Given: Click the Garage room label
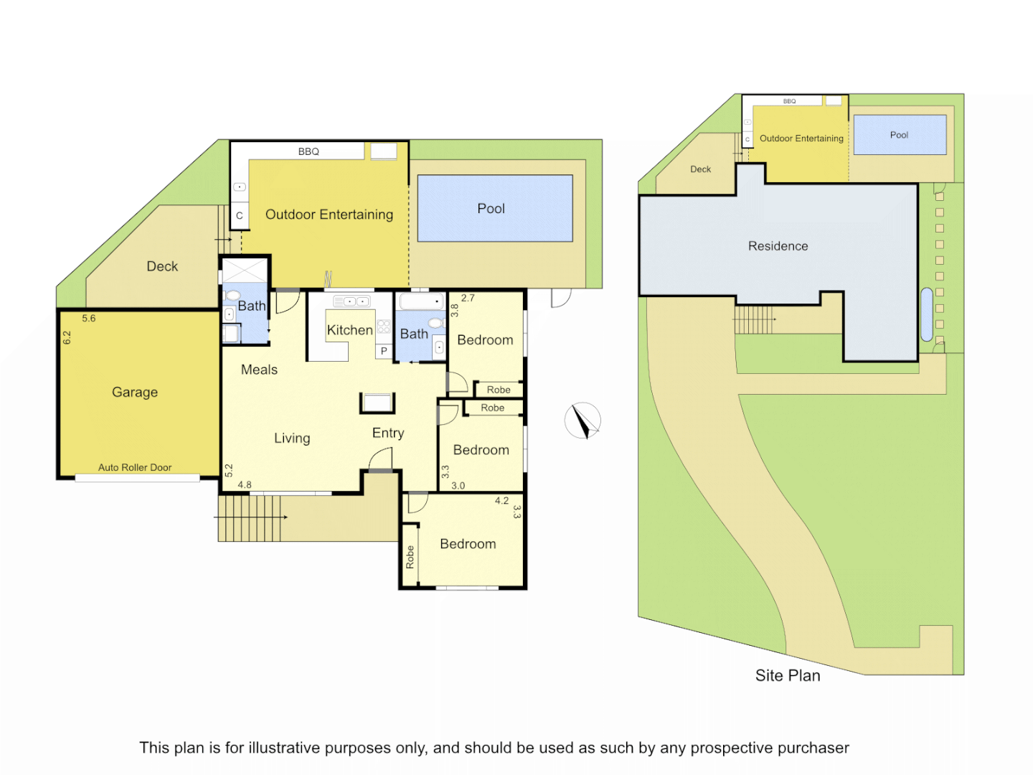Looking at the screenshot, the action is point(135,393).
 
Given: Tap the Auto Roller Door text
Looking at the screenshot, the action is point(135,467).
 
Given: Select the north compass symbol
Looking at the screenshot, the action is point(582,421).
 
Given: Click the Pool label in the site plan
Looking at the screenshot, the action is point(899,135).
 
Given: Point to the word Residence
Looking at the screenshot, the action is point(778,246).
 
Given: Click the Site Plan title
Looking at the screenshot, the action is point(788,676).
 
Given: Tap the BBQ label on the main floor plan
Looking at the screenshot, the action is point(308,151).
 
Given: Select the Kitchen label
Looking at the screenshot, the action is point(349,330).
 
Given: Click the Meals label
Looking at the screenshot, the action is point(259,370).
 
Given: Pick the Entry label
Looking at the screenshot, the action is point(388,433).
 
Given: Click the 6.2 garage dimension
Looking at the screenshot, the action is point(67,337).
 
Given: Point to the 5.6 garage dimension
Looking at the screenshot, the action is point(88,319).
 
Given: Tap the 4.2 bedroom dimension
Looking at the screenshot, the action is point(501,501).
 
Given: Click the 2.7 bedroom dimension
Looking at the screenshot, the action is point(468,298).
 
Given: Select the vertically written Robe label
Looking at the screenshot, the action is point(410,557).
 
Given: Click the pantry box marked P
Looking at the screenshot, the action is point(384,351).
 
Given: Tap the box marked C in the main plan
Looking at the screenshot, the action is point(240,215).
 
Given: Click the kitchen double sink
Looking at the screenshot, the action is point(352,301).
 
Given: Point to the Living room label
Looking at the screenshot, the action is point(292,438).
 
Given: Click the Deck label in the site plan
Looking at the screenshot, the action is point(700,169).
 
